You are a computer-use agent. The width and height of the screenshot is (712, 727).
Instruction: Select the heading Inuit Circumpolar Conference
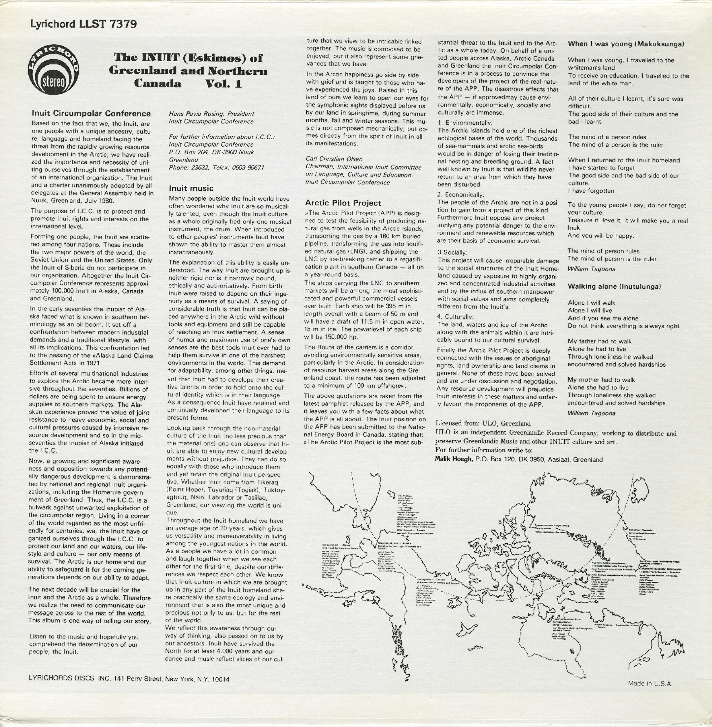pos(91,113)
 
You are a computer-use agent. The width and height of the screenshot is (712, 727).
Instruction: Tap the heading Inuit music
pos(191,188)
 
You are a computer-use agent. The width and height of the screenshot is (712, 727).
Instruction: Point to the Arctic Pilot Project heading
pos(343,203)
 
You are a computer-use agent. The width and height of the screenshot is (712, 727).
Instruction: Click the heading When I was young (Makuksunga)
pos(626,44)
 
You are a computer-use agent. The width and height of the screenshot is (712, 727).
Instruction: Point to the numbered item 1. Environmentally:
pos(465,123)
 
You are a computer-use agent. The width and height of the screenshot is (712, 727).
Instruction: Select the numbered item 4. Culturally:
pos(455,317)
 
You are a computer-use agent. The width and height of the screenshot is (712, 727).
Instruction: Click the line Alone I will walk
pos(591,303)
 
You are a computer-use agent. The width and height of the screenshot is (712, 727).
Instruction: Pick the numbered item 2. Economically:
pos(461,195)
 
